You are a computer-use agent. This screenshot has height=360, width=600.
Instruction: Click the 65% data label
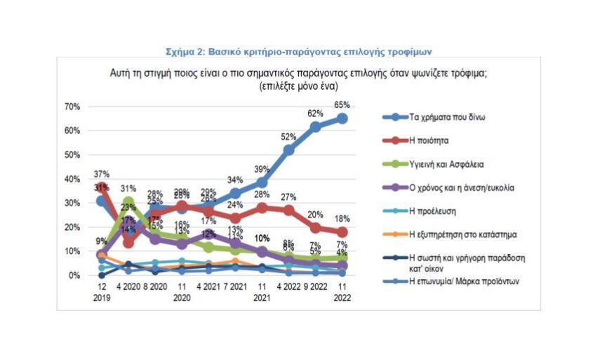[x=342, y=105]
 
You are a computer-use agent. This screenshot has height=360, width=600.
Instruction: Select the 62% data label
[x=315, y=114]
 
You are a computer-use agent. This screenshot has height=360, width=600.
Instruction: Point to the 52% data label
[x=288, y=137]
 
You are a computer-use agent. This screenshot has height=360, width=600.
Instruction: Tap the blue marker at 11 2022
[x=342, y=119]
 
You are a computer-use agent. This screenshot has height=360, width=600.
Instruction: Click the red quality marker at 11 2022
[x=342, y=232]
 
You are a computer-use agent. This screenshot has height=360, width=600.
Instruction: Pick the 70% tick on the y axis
[x=73, y=107]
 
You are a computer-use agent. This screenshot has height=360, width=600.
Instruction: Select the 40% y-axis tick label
[x=73, y=179]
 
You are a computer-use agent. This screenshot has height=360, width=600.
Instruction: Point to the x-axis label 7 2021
[x=235, y=286]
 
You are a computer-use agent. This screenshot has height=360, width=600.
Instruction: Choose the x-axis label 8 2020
[x=155, y=286]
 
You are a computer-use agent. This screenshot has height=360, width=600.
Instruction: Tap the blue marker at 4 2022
[x=288, y=149]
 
